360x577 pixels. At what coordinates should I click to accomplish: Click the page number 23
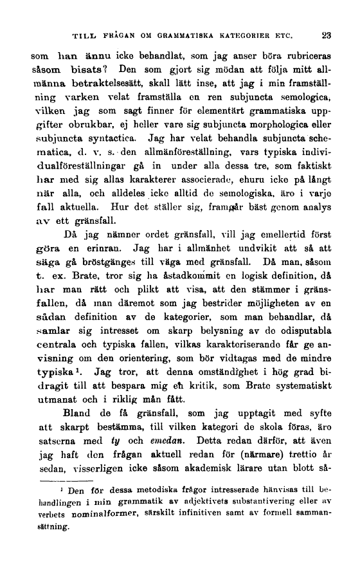tap(327, 35)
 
